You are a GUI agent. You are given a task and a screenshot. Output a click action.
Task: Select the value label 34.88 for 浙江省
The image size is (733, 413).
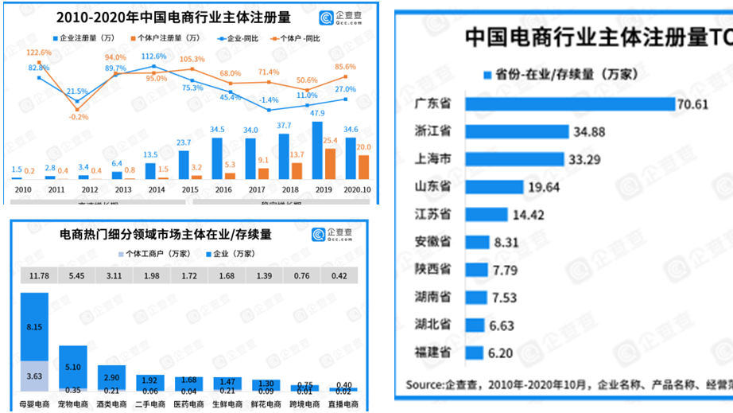click(x=592, y=131)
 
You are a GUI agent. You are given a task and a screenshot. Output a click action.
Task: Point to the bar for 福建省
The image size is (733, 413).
click(x=474, y=353)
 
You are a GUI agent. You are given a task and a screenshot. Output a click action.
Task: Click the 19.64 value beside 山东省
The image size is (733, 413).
click(x=546, y=187)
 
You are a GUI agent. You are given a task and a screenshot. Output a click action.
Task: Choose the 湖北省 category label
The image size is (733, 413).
click(x=434, y=325)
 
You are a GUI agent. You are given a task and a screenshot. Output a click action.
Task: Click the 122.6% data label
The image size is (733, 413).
click(x=38, y=53)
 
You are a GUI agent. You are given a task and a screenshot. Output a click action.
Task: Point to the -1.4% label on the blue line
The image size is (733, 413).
click(x=269, y=100)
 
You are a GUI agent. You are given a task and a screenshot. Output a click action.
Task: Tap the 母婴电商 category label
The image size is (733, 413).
click(x=34, y=405)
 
